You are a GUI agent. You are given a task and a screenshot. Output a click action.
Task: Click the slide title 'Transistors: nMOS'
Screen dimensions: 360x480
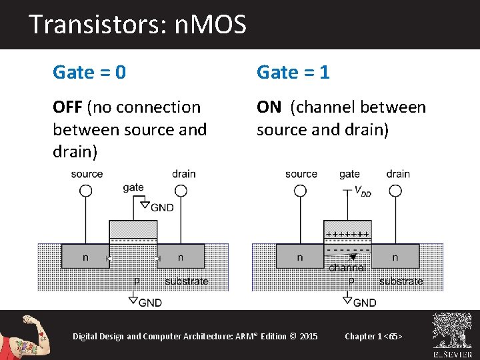(x=137, y=25)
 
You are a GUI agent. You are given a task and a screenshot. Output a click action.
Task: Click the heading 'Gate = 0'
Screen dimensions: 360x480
(x=89, y=72)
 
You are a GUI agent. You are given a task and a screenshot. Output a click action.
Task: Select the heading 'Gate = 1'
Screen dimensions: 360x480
(x=293, y=72)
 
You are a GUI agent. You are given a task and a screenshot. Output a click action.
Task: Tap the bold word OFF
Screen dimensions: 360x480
(x=67, y=107)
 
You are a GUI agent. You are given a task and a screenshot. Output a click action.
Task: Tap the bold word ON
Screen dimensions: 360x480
(x=269, y=107)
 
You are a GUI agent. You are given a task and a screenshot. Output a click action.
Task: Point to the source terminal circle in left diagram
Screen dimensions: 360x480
(x=86, y=191)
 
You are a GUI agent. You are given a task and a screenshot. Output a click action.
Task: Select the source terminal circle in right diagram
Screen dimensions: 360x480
(x=300, y=191)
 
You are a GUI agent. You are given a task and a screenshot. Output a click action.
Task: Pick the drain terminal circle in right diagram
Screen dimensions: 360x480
(x=395, y=191)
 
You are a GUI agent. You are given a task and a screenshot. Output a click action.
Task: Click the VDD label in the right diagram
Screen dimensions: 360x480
(x=363, y=191)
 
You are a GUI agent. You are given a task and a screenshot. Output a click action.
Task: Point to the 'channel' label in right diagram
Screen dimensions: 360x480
(x=347, y=267)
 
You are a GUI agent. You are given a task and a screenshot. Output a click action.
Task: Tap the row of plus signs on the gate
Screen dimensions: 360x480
(x=347, y=234)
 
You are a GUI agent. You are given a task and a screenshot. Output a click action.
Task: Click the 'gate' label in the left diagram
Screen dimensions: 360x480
(x=133, y=187)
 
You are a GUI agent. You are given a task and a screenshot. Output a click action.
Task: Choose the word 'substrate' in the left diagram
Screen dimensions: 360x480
(x=186, y=281)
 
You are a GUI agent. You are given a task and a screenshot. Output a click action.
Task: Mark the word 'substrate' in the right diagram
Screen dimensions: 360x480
(x=401, y=281)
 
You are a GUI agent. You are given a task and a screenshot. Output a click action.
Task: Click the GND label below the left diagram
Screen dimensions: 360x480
(x=150, y=303)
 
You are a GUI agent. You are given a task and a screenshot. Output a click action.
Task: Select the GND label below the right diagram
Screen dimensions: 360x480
(x=364, y=303)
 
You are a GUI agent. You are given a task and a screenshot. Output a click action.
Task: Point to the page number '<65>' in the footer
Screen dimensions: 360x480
(x=392, y=336)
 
